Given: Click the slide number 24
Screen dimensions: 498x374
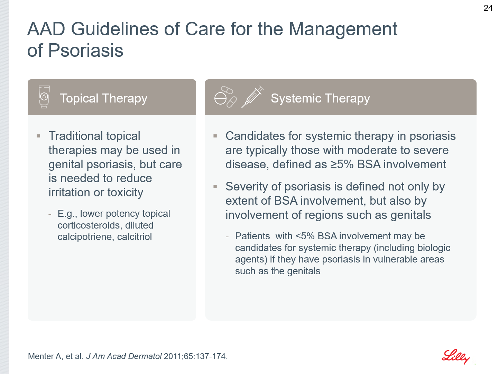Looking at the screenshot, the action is (488, 8).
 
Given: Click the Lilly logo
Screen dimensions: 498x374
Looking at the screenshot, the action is (455, 357).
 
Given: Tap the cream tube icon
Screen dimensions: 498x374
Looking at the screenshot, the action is (44, 97).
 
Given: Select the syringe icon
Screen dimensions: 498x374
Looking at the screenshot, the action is (252, 97).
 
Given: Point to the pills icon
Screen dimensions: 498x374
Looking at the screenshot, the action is (225, 97).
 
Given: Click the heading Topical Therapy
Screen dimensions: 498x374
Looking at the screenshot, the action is (104, 98).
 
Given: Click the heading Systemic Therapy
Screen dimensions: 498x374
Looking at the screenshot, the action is (320, 98).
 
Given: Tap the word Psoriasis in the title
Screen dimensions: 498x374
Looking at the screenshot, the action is (86, 50).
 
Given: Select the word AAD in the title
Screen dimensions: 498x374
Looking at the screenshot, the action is (46, 29).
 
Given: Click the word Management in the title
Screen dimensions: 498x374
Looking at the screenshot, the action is (343, 29).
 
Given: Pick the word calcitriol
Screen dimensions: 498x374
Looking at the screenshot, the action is (135, 237).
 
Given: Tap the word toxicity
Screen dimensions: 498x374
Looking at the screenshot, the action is (125, 193).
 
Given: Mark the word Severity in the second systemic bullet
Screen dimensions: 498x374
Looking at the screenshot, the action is (247, 187).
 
